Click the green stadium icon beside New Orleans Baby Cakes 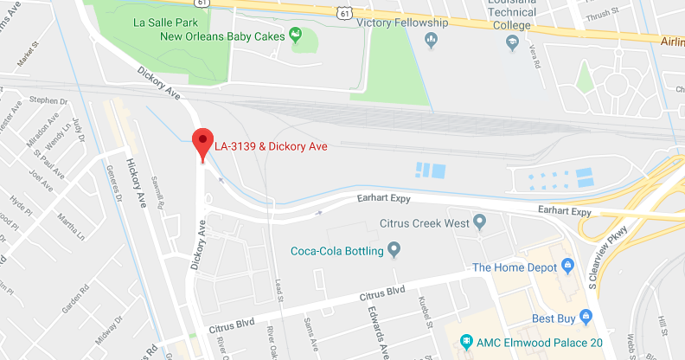click(x=295, y=35)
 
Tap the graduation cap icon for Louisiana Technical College click(x=512, y=41)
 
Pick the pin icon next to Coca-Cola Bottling click(x=394, y=251)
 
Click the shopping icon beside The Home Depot click(x=568, y=267)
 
